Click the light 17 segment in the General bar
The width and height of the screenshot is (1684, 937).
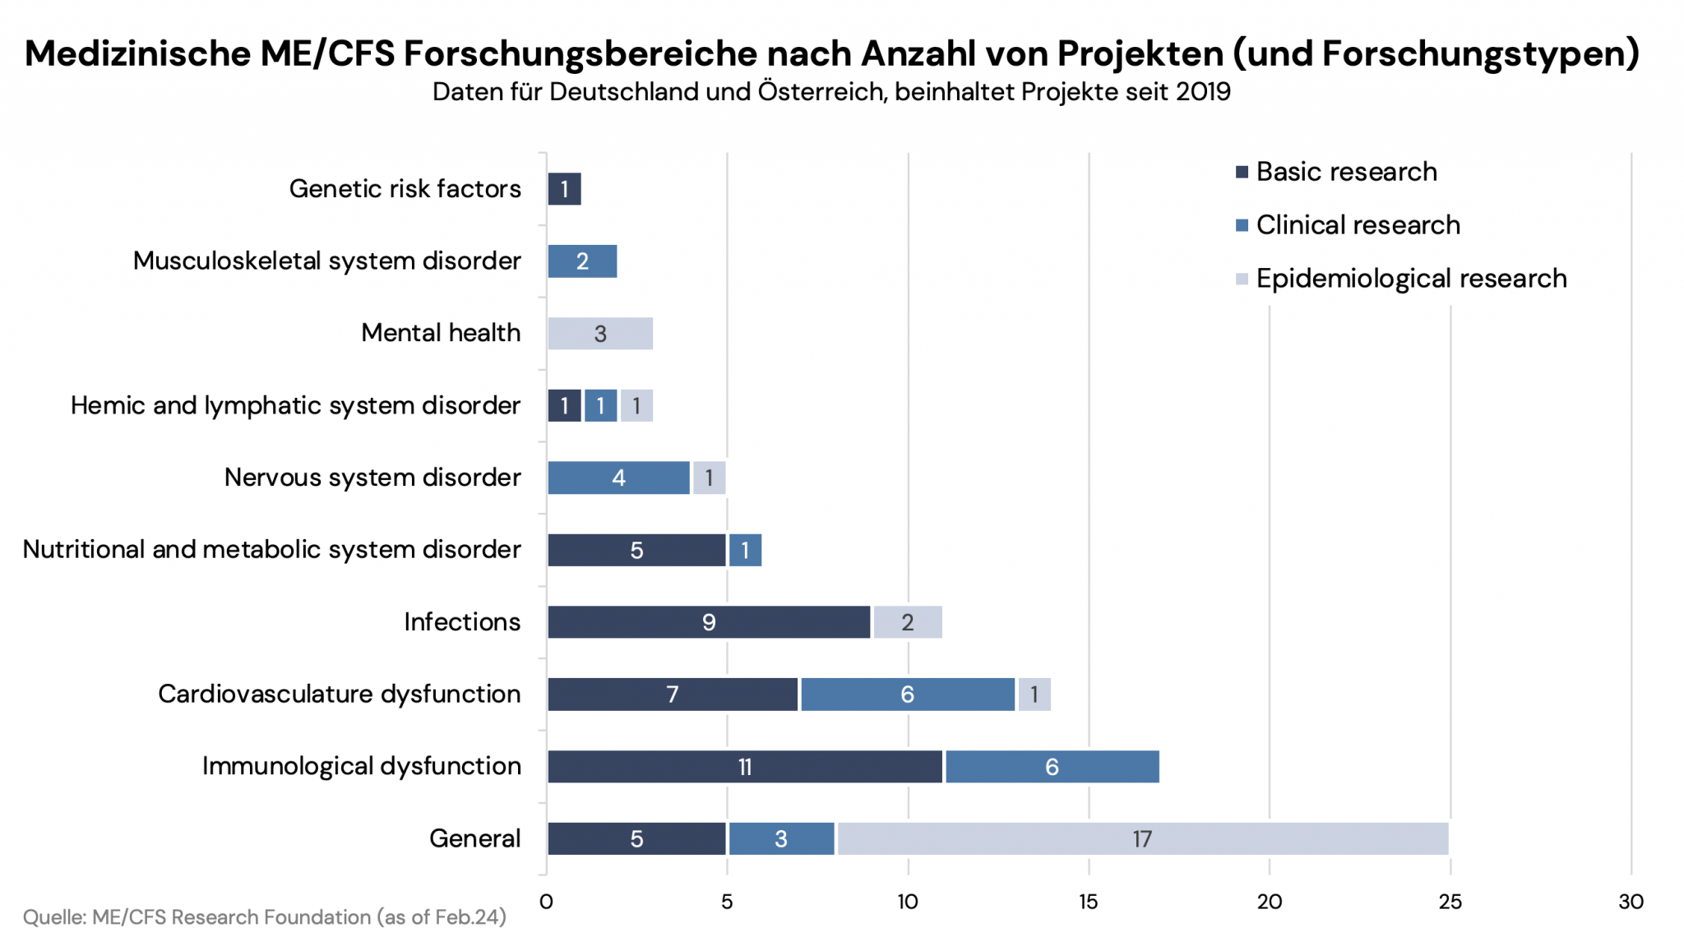[1142, 838]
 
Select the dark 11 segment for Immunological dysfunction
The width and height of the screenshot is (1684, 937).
[745, 766]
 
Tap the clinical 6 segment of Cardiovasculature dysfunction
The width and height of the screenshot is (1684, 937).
[908, 695]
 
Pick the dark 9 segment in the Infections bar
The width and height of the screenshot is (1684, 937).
[709, 622]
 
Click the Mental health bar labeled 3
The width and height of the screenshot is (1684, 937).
[600, 334]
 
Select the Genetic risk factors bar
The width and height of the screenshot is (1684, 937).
[564, 189]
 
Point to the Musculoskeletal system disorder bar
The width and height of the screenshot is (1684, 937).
[582, 261]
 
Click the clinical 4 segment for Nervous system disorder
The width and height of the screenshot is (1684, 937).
[618, 478]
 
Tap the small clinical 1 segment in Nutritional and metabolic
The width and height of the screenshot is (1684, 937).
[745, 550]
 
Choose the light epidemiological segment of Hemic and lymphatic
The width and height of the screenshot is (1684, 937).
[636, 406]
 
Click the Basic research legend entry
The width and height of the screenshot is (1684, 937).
[1346, 172]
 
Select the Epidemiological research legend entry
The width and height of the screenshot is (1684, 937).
[1411, 279]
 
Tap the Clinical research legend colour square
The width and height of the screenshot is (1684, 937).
[1242, 225]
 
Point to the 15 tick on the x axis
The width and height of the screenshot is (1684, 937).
[1088, 902]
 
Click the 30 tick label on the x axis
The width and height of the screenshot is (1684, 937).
[1631, 902]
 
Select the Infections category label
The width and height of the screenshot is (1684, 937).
[462, 622]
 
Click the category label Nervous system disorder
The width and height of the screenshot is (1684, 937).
[372, 478]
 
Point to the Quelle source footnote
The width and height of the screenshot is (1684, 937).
[264, 916]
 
